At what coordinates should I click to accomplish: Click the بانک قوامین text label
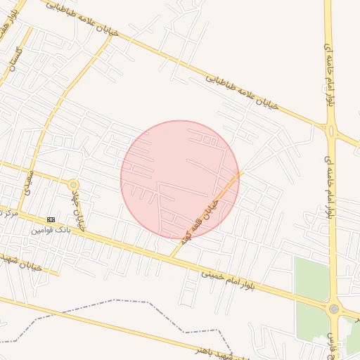[51, 230]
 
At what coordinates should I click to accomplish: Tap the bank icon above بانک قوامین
[51, 219]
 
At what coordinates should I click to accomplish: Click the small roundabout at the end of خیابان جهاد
[73, 184]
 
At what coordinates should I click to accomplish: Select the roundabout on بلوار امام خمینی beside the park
[333, 309]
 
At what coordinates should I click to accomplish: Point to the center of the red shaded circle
[180, 179]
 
